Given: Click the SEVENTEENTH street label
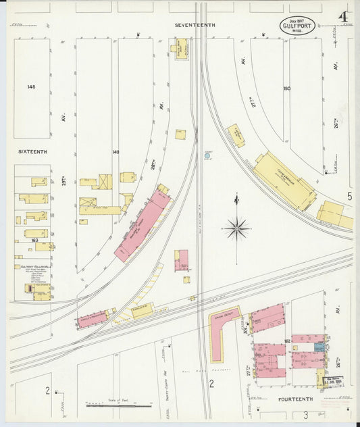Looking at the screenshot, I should click(195, 25).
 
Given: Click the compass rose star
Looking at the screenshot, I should click(237, 228).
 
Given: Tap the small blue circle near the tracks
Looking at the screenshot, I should click(208, 156).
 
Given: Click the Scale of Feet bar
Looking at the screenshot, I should click(118, 406).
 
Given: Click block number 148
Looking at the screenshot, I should click(31, 87).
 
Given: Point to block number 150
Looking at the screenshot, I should click(286, 89).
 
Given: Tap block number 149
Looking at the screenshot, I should click(115, 152).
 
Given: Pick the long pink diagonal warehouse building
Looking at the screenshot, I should click(143, 226).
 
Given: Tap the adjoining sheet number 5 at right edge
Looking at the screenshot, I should click(349, 196).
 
